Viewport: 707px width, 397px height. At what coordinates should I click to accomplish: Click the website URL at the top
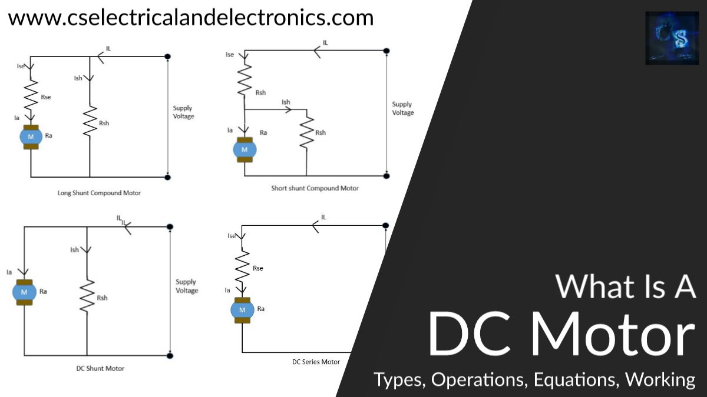point(190,18)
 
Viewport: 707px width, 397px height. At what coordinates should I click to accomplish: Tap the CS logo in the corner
point(672,38)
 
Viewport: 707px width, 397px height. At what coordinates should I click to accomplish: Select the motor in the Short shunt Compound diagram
point(244,149)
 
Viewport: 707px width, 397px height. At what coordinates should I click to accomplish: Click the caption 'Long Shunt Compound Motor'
point(99,193)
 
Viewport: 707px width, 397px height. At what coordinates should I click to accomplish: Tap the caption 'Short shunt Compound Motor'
point(315,188)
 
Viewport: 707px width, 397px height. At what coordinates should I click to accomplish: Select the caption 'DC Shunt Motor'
point(100,369)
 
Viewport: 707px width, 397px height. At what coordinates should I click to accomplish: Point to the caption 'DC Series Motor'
point(316,362)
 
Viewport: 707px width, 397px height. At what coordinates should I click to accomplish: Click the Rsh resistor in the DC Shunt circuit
point(87,296)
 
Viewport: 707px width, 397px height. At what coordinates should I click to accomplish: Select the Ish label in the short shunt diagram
point(286,102)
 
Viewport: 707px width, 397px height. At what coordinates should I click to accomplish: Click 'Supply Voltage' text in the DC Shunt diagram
point(186,286)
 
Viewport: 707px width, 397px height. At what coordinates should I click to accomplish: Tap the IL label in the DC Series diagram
point(323,217)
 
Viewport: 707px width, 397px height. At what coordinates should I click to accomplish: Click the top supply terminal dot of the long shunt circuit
point(168,56)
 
